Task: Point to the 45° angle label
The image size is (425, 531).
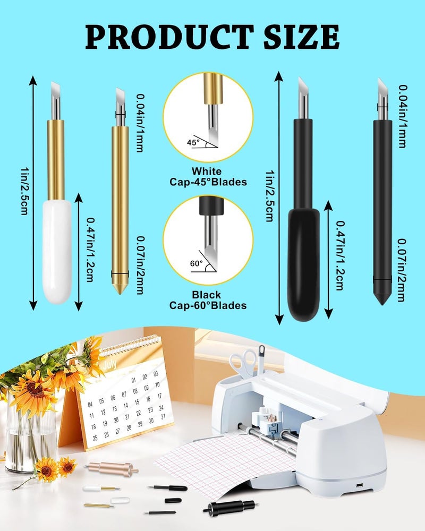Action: point(192,142)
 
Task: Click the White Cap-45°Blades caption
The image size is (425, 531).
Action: point(208,177)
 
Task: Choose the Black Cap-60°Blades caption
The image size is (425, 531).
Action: point(208,300)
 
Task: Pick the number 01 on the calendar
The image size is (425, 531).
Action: point(133,379)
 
